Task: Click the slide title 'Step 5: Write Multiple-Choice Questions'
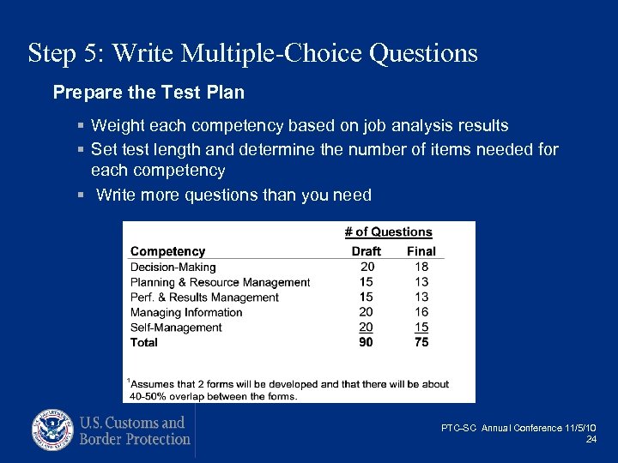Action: point(252,53)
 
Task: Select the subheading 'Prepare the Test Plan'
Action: point(148,92)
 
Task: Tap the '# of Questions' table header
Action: point(388,231)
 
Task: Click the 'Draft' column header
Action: point(367,251)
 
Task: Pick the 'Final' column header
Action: point(421,251)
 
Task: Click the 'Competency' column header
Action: point(167,251)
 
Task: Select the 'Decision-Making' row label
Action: point(173,267)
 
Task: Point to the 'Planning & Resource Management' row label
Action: point(220,282)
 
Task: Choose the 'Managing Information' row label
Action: point(186,312)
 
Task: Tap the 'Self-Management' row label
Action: point(176,328)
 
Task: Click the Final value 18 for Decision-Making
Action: point(421,267)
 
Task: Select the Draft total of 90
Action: point(367,342)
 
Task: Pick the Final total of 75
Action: point(421,342)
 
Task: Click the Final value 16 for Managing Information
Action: point(421,312)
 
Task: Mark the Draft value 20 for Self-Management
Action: point(367,328)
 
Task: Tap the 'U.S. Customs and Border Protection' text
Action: point(134,430)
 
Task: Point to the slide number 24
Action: point(591,440)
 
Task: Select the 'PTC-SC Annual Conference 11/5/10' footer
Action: point(519,428)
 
